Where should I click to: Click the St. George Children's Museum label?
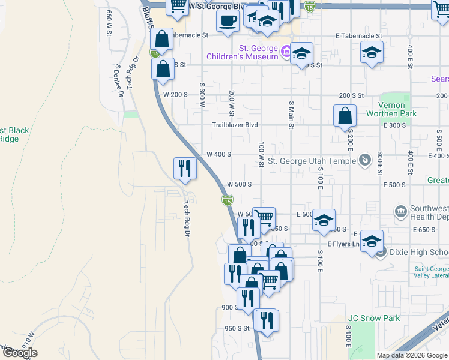(x=242, y=52)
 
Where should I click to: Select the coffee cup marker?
(x=228, y=22)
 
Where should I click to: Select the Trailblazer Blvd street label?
(x=235, y=125)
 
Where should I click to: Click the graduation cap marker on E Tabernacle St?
(x=372, y=52)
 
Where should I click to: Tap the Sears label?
(x=439, y=79)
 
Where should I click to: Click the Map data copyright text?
(x=411, y=355)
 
